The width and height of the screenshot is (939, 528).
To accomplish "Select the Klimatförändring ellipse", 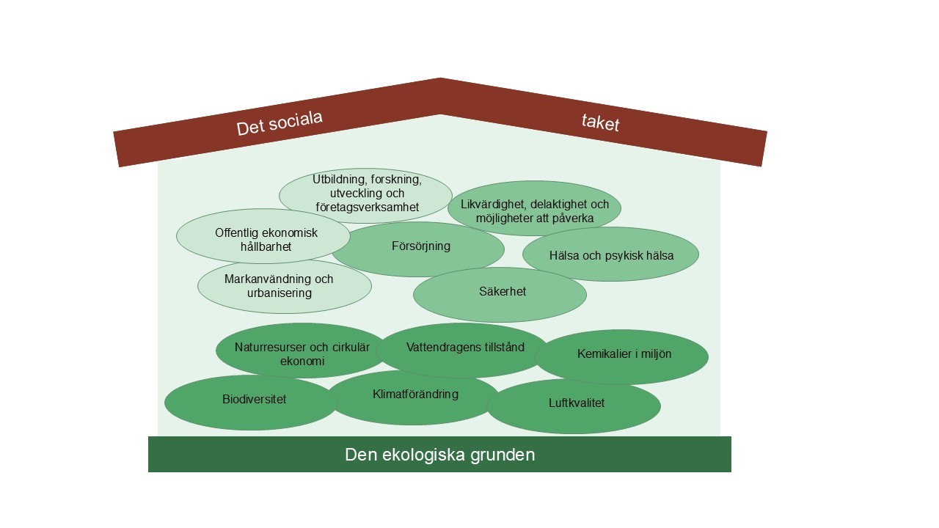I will coord(414,397).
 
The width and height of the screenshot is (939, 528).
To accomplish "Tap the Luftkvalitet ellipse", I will coord(575,406).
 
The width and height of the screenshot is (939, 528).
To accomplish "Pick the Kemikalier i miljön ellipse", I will coord(623,356).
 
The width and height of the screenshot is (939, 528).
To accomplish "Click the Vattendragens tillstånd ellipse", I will coord(464,349).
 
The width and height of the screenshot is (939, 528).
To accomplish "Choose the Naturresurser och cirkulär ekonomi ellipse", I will coord(302,353).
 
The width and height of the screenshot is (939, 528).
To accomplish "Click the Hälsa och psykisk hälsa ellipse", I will coord(610,255).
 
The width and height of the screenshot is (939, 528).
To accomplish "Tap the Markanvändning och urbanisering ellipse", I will coord(284,286).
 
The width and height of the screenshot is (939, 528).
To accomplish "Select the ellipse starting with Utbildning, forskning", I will coord(365,195).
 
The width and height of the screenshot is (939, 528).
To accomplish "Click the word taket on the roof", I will coord(601,122).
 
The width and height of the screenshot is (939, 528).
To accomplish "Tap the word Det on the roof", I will coord(250,129).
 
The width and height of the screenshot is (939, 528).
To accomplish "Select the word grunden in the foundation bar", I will coord(505,455).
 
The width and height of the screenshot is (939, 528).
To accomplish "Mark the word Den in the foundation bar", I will coord(360,455).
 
